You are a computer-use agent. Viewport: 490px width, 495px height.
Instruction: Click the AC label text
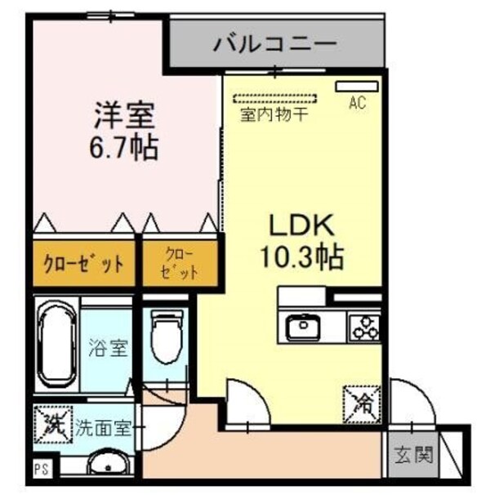356,104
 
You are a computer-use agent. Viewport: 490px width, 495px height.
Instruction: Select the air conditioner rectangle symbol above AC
357,85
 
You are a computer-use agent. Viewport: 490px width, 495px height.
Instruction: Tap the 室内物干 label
274,115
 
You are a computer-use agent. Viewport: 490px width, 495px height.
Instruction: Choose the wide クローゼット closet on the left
84,263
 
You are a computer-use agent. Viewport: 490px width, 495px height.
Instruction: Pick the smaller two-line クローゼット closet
181,262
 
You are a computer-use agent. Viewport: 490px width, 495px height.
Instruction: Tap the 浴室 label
108,349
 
